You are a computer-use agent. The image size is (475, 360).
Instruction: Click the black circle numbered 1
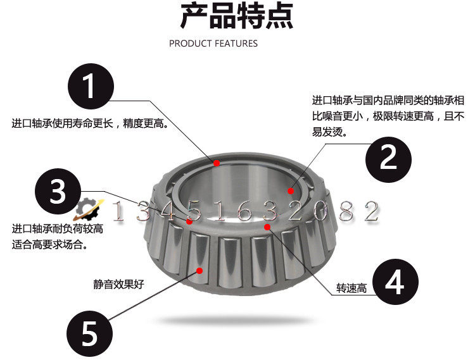tap(91, 86)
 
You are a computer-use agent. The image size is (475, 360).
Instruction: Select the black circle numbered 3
tap(58, 192)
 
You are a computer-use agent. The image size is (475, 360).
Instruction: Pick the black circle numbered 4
tap(395, 283)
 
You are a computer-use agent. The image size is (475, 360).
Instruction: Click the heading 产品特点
tap(237, 17)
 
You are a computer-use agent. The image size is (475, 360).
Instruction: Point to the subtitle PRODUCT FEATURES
tap(213, 44)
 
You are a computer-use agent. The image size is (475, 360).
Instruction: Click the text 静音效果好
tap(118, 284)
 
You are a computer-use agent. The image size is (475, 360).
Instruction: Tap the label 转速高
tap(352, 289)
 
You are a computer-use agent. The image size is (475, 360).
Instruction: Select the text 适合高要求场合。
tap(49, 245)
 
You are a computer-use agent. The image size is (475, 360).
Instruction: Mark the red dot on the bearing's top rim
tap(217, 163)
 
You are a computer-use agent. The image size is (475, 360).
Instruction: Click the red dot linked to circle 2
tap(291, 190)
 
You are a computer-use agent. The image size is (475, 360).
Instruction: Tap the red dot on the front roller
tap(200, 270)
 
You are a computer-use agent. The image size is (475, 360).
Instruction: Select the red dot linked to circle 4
tap(267, 226)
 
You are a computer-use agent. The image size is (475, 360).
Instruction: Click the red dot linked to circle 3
tap(189, 220)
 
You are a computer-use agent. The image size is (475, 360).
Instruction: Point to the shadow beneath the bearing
tap(237, 320)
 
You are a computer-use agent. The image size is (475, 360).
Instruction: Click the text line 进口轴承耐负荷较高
tap(58, 228)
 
